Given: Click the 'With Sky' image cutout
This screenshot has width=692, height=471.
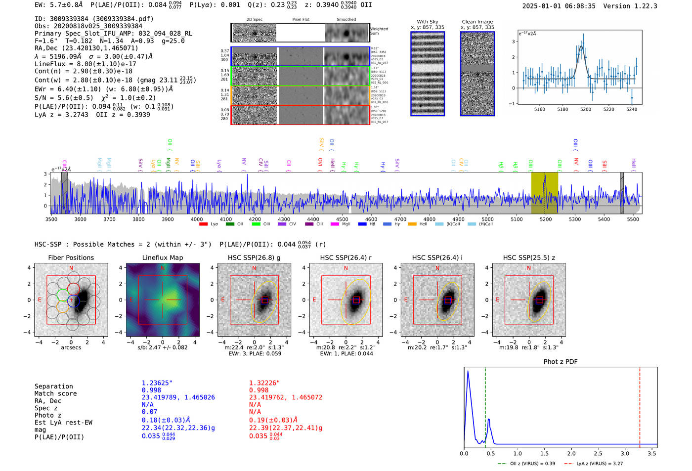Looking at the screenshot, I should coord(428,74).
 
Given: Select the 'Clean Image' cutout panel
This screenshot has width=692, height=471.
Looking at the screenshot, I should coord(477,74).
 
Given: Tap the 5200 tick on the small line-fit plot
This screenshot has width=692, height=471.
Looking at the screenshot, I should coord(586,109).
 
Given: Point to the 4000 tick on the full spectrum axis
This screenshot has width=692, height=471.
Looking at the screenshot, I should coord(197,219).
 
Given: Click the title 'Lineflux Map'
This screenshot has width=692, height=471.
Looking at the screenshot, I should coord(163,257).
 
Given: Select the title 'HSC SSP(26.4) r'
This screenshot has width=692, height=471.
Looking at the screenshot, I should coord(346,257).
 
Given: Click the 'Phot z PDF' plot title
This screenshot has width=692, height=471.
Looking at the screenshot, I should coord(561,362).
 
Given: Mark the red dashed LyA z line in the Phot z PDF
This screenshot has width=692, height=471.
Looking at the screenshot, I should coord(640,405).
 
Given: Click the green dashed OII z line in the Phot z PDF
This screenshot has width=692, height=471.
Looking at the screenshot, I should coord(485,405).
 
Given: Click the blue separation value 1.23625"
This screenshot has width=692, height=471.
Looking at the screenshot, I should coord(157,383).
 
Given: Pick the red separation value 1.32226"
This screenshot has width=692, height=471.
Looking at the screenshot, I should coord(264,383).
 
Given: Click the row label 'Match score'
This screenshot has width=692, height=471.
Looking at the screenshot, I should coord(55,393).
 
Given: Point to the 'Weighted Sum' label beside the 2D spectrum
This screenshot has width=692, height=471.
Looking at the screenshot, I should coord(379,31).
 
